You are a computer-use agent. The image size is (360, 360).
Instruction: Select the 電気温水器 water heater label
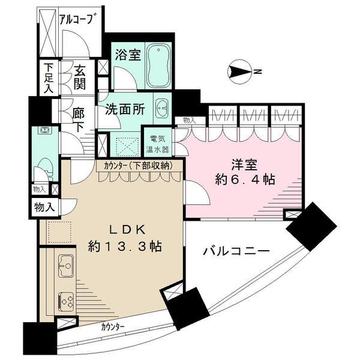point(160,143)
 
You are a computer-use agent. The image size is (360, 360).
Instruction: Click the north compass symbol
point(240,73)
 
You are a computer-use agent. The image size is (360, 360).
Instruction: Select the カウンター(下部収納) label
point(137,165)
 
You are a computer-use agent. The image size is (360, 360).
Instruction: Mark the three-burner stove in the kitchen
point(64,298)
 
